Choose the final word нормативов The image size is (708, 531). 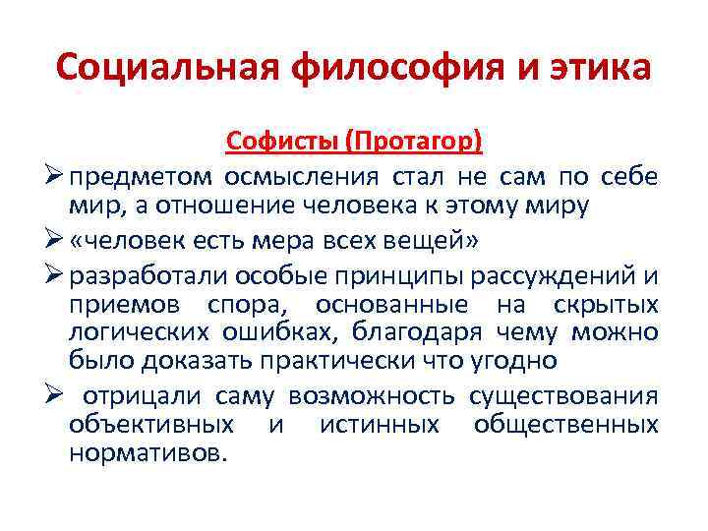click(147, 454)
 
